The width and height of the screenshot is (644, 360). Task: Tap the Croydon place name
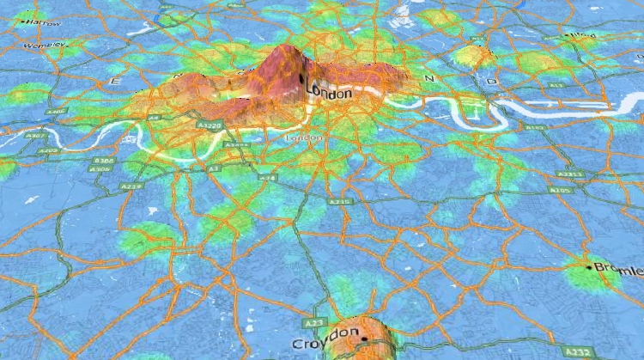pyautogui.click(x=325, y=343)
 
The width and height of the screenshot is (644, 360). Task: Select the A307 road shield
pyautogui.click(x=37, y=136)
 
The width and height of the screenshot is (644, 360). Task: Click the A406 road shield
pyautogui.click(x=56, y=112)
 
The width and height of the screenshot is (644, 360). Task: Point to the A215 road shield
pyautogui.click(x=340, y=200)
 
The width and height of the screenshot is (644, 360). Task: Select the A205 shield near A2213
pyautogui.click(x=562, y=190)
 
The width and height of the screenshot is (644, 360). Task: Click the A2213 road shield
pyautogui.click(x=574, y=174)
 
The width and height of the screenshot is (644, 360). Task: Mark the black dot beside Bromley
pyautogui.click(x=589, y=268)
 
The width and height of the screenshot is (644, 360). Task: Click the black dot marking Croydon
pyautogui.click(x=364, y=339)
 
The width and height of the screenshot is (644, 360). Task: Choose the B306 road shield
pyautogui.click(x=104, y=161)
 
